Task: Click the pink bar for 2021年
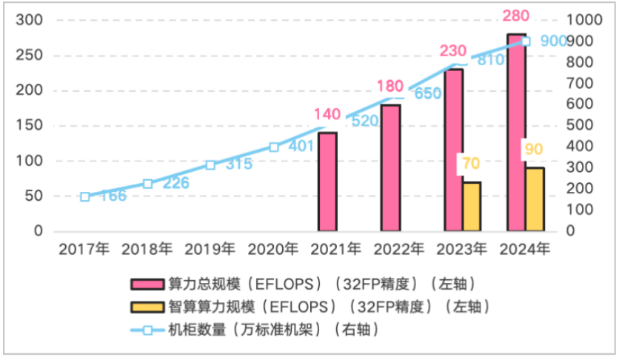click(327, 182)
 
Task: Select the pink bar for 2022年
click(390, 168)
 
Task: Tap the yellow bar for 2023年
click(471, 207)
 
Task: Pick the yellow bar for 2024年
click(534, 199)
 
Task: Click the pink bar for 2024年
click(516, 133)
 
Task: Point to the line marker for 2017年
click(85, 196)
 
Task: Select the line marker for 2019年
click(211, 165)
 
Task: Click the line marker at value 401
click(274, 147)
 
